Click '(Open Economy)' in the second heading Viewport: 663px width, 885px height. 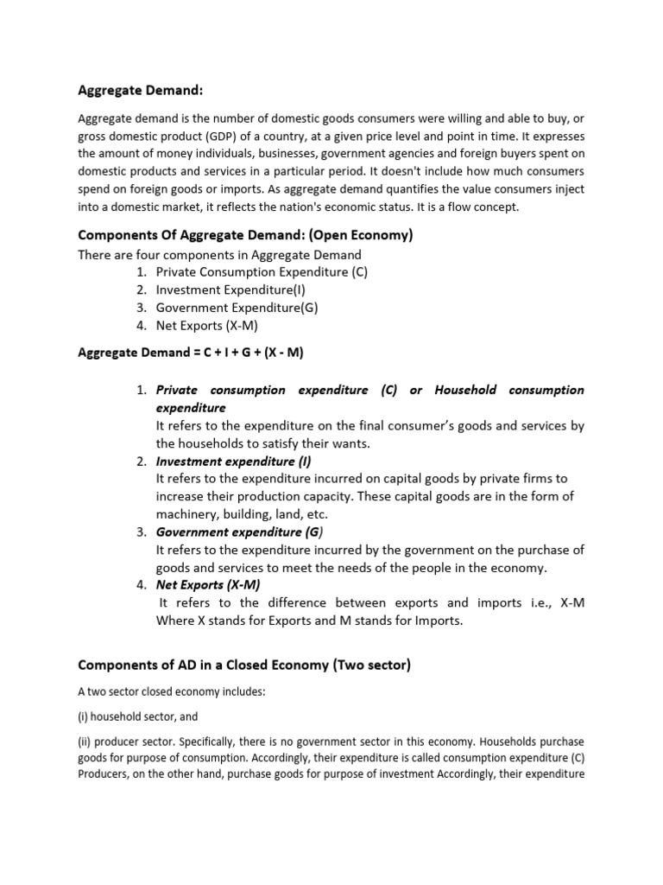[x=364, y=236]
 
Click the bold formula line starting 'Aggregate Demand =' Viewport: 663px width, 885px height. [x=191, y=353]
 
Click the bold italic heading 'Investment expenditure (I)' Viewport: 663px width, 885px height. [x=233, y=461]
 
